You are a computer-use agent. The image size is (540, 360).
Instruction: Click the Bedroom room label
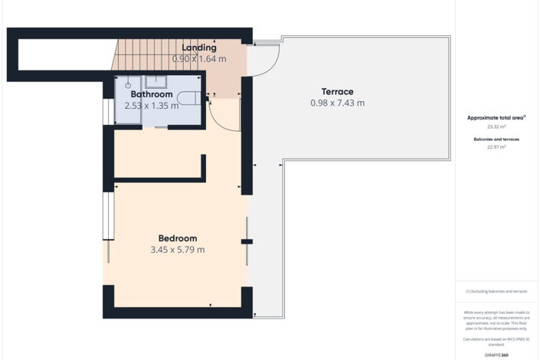[x=178, y=237]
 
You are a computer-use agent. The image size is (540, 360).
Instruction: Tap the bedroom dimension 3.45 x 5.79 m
[x=178, y=250]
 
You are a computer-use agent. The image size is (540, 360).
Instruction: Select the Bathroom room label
[x=151, y=94]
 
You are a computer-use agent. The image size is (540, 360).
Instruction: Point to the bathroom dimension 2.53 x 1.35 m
[x=151, y=106]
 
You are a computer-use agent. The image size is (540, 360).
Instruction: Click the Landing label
[x=198, y=47]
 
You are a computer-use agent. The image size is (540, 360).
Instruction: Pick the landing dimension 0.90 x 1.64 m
[x=199, y=58]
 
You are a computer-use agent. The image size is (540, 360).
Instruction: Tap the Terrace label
[x=337, y=91]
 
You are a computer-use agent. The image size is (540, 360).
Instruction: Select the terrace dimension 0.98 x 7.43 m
[x=337, y=103]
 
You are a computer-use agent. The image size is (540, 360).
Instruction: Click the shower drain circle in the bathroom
[x=129, y=86]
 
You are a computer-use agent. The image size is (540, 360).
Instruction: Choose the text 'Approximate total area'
[x=496, y=118]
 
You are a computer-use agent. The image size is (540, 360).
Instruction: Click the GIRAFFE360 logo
[x=497, y=355]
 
